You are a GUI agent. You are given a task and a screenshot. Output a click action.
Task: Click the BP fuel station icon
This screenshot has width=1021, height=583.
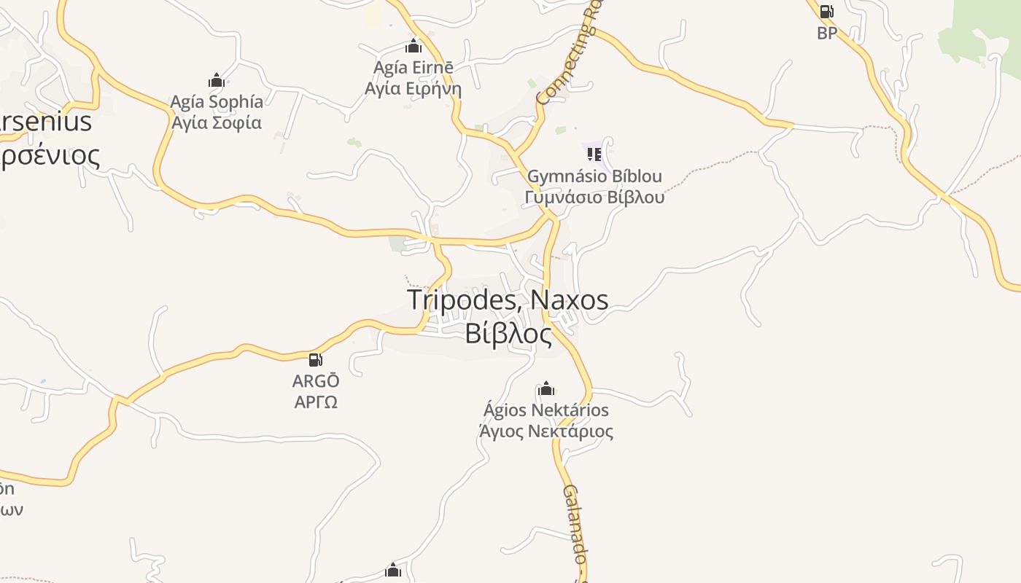click(826, 12)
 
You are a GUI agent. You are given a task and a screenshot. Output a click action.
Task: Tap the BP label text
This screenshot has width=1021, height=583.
click(827, 33)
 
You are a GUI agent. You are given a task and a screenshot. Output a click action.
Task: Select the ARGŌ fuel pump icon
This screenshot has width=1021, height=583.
click(316, 359)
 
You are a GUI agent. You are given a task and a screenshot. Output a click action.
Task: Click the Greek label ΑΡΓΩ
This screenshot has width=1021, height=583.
click(316, 402)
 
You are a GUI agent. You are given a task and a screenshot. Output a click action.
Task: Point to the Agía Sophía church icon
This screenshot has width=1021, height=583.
click(216, 80)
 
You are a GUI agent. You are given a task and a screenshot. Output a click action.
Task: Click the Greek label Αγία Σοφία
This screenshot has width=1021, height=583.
click(217, 122)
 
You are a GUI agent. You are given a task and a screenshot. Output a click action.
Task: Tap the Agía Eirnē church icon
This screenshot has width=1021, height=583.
click(414, 47)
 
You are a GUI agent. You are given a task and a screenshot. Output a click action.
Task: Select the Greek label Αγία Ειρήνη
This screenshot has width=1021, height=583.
click(414, 89)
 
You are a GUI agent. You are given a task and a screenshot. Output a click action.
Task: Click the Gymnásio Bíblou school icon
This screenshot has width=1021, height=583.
click(594, 154)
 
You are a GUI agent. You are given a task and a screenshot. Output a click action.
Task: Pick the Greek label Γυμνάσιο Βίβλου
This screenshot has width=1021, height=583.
click(594, 197)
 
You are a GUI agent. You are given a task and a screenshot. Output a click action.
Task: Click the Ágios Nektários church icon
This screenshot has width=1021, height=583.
click(546, 388)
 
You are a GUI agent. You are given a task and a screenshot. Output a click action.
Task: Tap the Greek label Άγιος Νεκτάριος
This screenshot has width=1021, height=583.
click(546, 431)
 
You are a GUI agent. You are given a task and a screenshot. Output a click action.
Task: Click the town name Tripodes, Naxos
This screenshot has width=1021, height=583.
click(508, 300)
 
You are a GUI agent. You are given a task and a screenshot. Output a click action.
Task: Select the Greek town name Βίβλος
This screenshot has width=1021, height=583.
click(508, 333)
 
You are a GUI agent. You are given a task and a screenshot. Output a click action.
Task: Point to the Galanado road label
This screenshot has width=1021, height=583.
click(575, 523)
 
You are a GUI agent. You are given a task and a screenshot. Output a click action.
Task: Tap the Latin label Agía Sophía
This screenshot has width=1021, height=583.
click(217, 101)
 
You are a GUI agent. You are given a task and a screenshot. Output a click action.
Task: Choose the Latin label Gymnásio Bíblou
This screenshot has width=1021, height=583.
click(594, 176)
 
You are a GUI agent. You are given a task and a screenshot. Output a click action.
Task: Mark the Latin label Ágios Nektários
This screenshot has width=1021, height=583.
click(546, 410)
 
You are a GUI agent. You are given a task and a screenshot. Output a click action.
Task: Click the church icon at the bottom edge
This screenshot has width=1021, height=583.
click(393, 570)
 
